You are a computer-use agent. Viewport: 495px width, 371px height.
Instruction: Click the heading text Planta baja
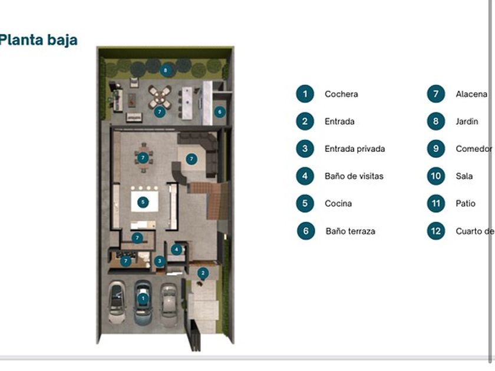point(39,40)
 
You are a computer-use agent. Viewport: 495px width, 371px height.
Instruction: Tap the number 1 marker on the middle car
point(142,299)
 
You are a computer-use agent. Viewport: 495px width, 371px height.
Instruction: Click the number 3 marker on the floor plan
point(159,261)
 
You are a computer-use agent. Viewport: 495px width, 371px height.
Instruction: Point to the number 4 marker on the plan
point(176,249)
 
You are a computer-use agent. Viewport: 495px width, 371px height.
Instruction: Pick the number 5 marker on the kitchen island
point(143,202)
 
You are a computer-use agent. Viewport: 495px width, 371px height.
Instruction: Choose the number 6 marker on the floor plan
point(219,111)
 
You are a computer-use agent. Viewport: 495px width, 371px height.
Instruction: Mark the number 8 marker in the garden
point(166,70)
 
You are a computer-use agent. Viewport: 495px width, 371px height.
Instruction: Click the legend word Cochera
point(341,94)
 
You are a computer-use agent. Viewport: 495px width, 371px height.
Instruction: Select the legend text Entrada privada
point(355,149)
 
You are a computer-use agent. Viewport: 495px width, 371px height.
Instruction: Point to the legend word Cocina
point(338,204)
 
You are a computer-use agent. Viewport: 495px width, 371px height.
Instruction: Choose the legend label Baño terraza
point(350,231)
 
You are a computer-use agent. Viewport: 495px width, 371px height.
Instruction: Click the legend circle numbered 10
point(435,176)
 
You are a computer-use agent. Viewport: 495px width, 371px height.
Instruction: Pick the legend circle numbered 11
point(435,204)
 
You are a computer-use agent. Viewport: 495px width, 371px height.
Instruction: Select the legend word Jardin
point(467,122)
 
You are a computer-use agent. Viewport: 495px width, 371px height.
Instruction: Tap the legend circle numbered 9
point(435,149)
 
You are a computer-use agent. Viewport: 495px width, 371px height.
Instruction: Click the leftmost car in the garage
point(117,302)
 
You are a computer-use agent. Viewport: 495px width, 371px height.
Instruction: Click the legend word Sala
point(464,176)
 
